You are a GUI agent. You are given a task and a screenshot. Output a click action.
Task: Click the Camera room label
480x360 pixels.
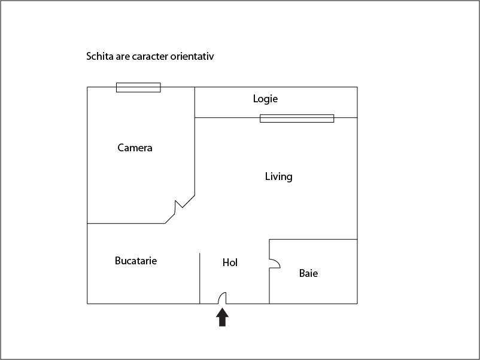(135, 148)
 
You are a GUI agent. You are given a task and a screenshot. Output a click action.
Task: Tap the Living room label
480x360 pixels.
(278, 176)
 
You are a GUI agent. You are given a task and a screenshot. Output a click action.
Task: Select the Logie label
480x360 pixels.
(265, 99)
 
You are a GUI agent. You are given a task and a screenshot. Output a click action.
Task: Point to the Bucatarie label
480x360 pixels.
(136, 261)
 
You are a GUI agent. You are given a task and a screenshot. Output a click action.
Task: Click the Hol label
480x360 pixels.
(230, 263)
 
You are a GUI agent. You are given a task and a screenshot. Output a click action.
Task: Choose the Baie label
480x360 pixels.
(308, 273)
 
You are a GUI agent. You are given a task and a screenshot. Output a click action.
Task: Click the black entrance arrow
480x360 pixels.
(222, 317)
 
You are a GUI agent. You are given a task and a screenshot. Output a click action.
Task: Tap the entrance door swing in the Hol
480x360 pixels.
(222, 298)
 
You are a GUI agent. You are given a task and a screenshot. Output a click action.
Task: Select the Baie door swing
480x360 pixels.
(275, 264)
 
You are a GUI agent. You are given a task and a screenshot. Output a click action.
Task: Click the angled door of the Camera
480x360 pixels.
(180, 209)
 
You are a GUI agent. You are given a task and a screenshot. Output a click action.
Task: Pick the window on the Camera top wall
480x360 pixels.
(138, 87)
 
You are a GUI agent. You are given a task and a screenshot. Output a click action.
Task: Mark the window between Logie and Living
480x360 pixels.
(297, 118)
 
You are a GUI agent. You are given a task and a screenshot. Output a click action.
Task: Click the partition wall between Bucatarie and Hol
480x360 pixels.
(199, 278)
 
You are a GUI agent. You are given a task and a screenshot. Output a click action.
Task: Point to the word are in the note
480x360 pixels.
(123, 57)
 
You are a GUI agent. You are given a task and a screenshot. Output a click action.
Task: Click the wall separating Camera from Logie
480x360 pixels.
(195, 102)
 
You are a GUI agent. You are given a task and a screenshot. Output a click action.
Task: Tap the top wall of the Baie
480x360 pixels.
(313, 239)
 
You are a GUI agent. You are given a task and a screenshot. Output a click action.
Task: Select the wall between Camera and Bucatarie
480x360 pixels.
(126, 223)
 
